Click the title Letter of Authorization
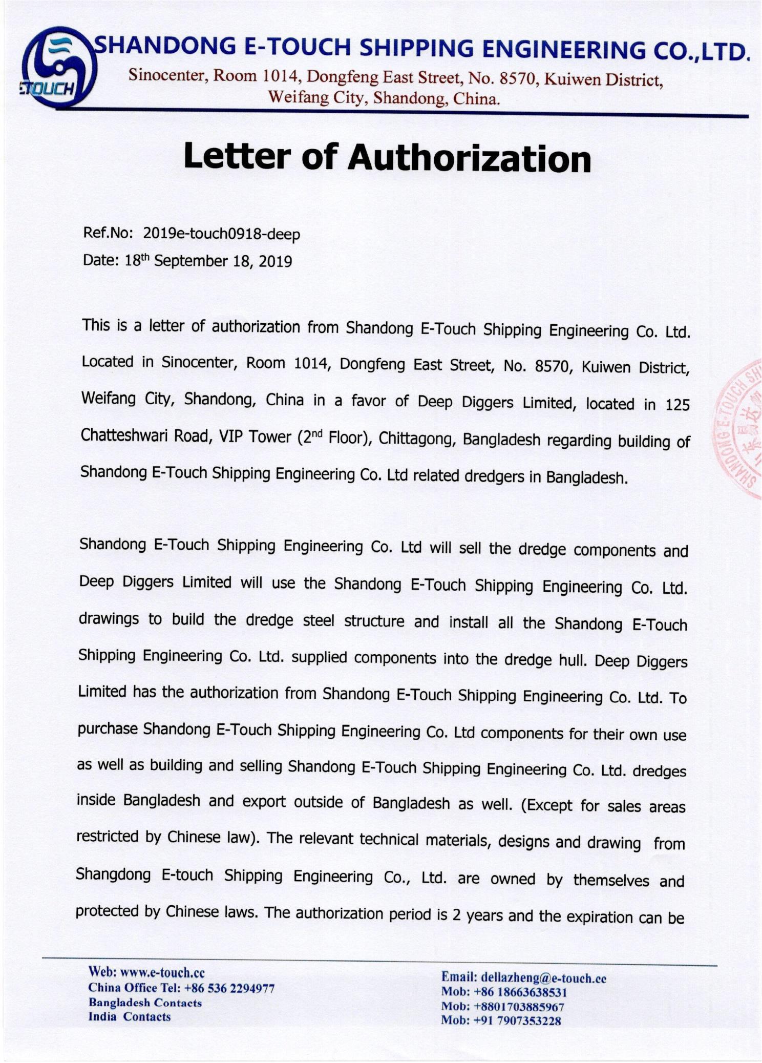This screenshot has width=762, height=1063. [387, 157]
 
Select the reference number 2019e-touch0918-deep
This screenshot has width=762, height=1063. [221, 234]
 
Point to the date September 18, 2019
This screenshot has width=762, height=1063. [223, 261]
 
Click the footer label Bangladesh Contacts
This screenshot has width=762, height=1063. [145, 1003]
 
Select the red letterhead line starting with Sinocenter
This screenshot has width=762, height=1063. [395, 77]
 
